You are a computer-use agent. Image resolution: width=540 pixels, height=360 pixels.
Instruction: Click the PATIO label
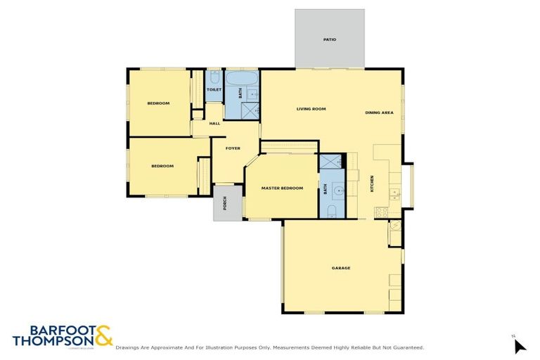coord(329,39)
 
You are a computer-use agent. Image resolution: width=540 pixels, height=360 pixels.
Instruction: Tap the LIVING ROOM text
coord(311,109)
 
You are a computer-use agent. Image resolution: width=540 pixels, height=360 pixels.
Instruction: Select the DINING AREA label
coord(379,113)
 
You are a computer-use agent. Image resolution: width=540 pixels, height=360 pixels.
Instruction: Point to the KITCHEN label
coord(372,185)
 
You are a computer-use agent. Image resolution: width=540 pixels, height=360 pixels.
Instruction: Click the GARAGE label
coord(341,268)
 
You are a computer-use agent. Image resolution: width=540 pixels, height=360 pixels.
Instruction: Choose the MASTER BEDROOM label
coord(282,188)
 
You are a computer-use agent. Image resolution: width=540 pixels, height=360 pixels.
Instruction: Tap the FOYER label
coord(233,148)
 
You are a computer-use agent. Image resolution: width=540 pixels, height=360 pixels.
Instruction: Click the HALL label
coord(214,124)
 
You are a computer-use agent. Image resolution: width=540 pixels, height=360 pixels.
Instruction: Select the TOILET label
coord(214,90)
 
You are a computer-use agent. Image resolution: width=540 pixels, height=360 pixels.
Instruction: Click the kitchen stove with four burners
coord(382,211)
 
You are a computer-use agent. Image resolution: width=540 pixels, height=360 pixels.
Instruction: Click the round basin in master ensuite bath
coord(338,191)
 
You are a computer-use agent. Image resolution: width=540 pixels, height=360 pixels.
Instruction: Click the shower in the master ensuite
coord(330,162)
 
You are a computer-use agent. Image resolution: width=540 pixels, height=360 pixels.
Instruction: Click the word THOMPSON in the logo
coord(51,340)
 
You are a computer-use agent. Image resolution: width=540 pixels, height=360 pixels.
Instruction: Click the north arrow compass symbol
coord(520,346)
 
